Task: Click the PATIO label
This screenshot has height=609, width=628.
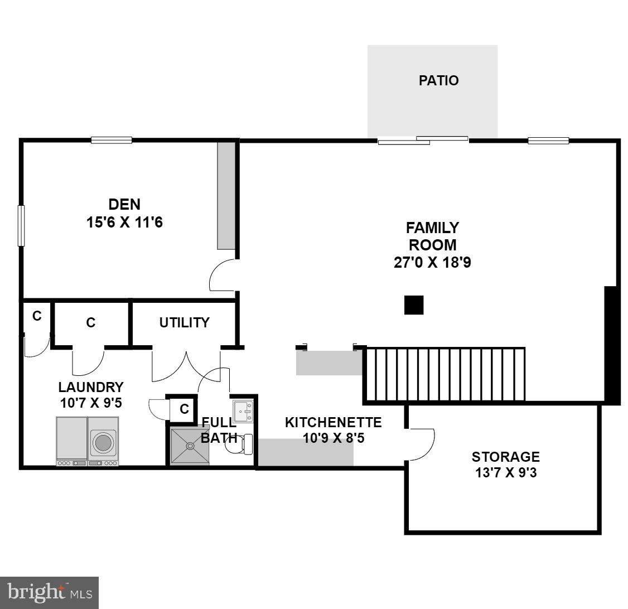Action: (438, 80)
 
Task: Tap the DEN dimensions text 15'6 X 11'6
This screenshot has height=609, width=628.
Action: (124, 223)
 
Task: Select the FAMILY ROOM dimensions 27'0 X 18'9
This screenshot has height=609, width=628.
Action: (432, 262)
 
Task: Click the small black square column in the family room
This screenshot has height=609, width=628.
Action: (414, 305)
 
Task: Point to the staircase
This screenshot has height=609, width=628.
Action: (445, 374)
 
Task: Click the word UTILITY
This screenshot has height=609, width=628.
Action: (184, 322)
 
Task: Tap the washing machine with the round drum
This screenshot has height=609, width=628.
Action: (103, 442)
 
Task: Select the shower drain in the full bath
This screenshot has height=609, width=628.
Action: (191, 446)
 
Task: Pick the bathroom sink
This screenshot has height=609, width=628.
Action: (243, 410)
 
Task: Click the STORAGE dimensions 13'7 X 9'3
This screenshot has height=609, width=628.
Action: (505, 473)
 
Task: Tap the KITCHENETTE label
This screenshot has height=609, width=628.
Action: (333, 422)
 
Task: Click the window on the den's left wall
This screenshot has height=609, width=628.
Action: (21, 225)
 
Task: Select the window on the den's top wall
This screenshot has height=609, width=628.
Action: (112, 140)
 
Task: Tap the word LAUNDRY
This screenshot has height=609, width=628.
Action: (91, 387)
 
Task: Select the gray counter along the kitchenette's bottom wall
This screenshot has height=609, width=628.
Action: (306, 452)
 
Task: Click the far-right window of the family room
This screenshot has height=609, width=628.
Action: (548, 141)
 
